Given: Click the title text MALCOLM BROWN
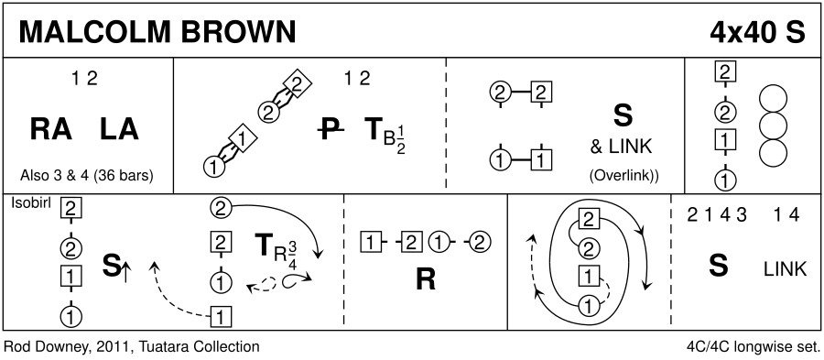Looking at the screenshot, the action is click(157, 32).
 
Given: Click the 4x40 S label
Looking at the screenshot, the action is click(757, 32).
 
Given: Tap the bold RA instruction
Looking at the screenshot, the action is click(50, 129).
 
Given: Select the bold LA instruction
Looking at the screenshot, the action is click(119, 129).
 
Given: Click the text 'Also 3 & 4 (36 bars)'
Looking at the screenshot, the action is click(87, 176).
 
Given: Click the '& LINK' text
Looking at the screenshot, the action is click(621, 147).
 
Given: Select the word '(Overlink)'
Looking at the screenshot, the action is click(623, 176).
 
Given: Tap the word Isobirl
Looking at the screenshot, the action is click(30, 203).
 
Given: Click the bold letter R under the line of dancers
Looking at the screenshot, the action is click(426, 280).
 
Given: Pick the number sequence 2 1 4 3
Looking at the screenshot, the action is click(717, 215).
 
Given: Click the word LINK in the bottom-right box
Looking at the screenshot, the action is click(785, 269).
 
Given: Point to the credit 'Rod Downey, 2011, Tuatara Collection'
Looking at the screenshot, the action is click(131, 347).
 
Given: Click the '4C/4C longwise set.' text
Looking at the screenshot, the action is click(754, 347).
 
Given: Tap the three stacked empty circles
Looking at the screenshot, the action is click(773, 126).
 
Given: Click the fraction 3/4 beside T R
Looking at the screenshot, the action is click(292, 255).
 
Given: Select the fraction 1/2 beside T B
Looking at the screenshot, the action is click(401, 141).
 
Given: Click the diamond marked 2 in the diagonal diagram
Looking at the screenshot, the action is click(298, 83).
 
